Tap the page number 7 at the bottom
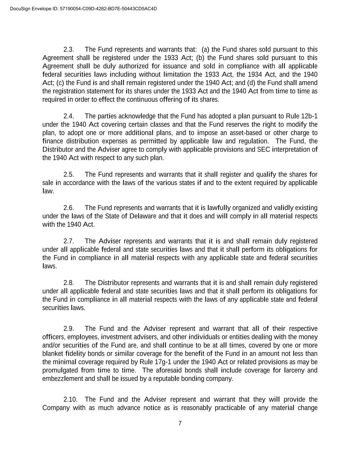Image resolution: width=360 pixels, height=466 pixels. tap(180, 424)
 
